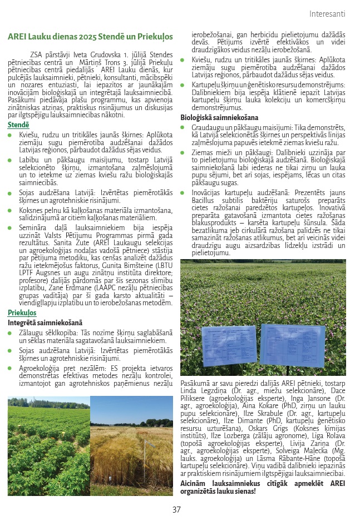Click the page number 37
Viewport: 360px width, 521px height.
[x=177, y=509]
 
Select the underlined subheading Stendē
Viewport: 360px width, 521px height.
[x=18, y=125]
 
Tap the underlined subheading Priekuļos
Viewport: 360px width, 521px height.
[x=22, y=313]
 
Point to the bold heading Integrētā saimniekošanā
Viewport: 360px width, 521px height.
[x=45, y=322]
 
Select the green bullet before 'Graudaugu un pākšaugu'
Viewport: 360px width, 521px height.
[x=183, y=128]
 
